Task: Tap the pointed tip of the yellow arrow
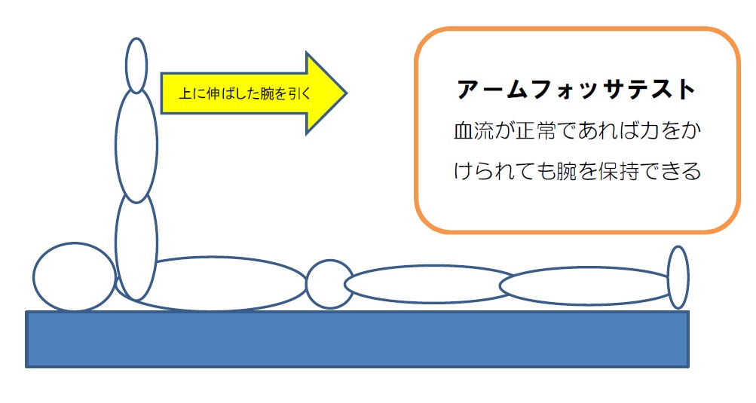[346, 93]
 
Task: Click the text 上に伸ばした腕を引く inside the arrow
[245, 93]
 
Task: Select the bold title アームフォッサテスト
[576, 90]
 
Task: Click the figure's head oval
[75, 276]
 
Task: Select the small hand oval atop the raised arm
[136, 65]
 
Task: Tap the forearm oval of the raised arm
[136, 145]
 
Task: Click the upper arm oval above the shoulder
[136, 245]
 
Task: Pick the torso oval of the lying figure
[212, 283]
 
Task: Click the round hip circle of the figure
[330, 284]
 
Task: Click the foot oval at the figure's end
[678, 277]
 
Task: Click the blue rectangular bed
[357, 340]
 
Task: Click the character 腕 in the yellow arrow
[267, 93]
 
